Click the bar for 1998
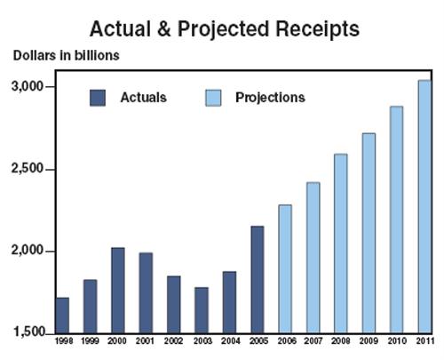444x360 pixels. pos(62,316)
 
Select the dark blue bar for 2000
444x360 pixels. pos(118,291)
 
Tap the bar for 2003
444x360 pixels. pos(202,310)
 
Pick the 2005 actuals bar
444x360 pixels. pos(258,280)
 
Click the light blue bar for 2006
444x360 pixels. pos(285,269)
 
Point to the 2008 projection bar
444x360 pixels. pos(341,244)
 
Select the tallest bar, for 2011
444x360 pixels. pos(424,207)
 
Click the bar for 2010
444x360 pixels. pos(396,220)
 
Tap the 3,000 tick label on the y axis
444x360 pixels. pos(28,86)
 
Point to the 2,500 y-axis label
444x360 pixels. pos(28,169)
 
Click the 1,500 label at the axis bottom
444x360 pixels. pos(29,332)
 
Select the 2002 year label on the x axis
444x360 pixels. pos(173,341)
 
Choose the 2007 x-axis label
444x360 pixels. pos(313,341)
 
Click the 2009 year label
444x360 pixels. pos(369,341)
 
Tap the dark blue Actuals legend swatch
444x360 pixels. pos(98,98)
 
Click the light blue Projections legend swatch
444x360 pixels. pos(213,98)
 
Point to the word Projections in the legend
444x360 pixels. pos(270,98)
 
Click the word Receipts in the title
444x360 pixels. pos(317,29)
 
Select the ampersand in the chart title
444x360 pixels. pos(164,28)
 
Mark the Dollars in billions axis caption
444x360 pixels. pos(67,55)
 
